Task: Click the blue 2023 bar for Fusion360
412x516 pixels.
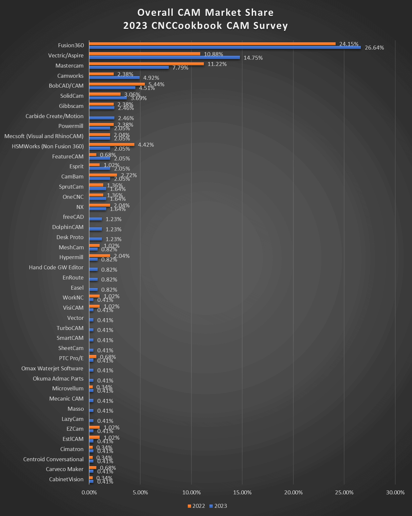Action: [225, 48]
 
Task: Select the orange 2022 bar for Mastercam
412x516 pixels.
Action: [146, 64]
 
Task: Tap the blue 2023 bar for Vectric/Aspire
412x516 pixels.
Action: [164, 57]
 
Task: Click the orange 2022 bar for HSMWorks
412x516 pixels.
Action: [111, 145]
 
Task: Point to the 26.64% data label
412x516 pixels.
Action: [374, 48]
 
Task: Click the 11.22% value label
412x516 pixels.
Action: [217, 64]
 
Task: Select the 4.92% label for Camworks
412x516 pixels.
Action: [151, 78]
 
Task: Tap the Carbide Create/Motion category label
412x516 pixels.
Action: [54, 116]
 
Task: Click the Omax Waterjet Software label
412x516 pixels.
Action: [52, 368]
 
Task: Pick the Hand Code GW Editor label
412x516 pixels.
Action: [56, 267]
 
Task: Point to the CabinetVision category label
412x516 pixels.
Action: [66, 479]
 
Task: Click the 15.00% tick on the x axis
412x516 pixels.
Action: [242, 492]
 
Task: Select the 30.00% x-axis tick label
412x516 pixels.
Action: [395, 492]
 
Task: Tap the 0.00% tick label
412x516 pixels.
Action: [89, 492]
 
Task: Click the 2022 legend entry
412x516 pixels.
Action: [196, 506]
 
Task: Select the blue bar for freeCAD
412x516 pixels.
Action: [95, 219]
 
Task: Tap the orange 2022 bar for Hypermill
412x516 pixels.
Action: [99, 256]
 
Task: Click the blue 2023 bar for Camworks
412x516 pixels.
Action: [114, 78]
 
